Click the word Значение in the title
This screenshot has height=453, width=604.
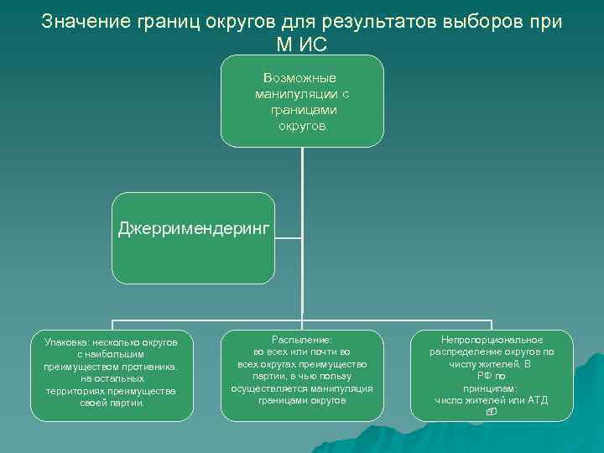(x=79, y=21)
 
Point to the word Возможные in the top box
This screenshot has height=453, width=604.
(x=302, y=78)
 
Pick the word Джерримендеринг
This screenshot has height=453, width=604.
(x=195, y=228)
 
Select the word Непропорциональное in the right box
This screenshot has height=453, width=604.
(x=492, y=340)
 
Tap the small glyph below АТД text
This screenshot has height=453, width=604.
(x=491, y=412)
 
